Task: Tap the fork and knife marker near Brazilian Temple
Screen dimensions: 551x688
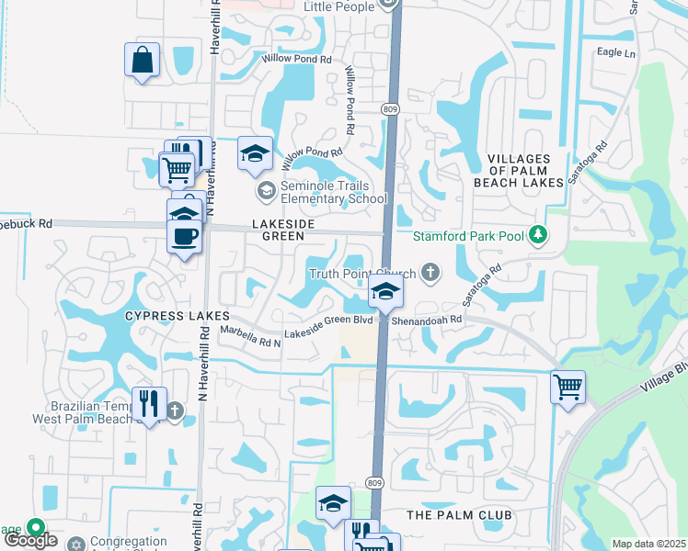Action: click(x=145, y=402)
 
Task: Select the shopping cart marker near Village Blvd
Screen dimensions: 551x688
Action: click(x=568, y=386)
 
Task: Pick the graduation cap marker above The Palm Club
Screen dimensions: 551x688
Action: click(x=333, y=502)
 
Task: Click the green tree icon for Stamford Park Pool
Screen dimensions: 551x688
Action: click(x=538, y=236)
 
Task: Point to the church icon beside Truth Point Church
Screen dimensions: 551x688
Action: click(x=430, y=272)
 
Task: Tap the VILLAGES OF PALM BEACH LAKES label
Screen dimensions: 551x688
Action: click(x=518, y=171)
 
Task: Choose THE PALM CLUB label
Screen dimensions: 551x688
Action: click(x=459, y=515)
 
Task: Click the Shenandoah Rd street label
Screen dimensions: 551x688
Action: click(x=426, y=320)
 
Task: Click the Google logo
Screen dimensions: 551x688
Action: click(x=30, y=541)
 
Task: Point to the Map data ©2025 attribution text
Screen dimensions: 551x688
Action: click(x=648, y=544)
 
